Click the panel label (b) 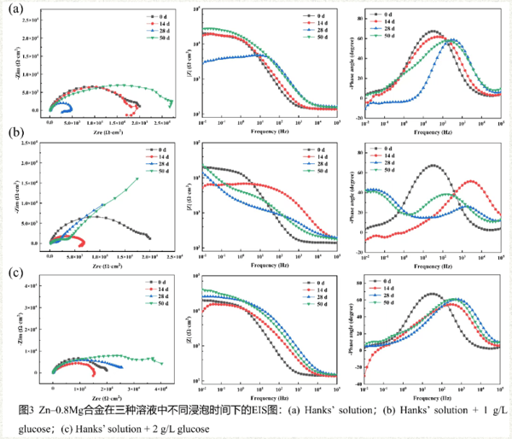click(15, 134)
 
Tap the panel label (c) click(15, 273)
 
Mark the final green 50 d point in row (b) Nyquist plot click(137, 179)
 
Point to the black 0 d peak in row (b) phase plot click(433, 165)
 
